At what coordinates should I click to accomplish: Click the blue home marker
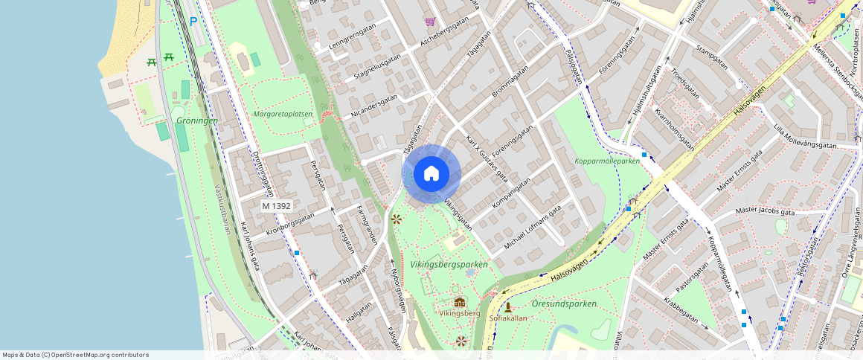point(431,174)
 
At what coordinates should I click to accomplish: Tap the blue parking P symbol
point(193,22)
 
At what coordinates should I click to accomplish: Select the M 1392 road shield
point(277,205)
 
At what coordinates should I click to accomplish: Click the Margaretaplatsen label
point(282,115)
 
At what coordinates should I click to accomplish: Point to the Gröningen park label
point(196,120)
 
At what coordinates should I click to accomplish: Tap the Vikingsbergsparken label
point(449,265)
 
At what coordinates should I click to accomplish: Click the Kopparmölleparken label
point(607,161)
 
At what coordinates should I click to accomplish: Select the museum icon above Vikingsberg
point(460,302)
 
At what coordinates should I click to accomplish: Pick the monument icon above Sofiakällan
point(508,306)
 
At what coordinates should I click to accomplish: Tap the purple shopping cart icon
point(429,22)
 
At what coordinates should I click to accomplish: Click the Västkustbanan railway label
point(222,209)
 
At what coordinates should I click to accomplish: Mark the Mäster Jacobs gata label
point(765,212)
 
